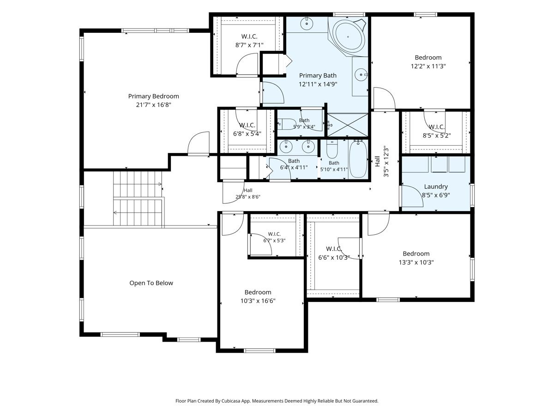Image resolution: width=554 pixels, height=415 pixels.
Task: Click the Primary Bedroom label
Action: tap(153, 96)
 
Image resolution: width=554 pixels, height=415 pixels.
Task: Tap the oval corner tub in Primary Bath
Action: tap(348, 37)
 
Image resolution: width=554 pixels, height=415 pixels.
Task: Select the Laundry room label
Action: tap(436, 186)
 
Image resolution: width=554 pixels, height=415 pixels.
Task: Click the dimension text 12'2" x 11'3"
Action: tap(428, 66)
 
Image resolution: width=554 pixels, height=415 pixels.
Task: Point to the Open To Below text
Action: tap(151, 283)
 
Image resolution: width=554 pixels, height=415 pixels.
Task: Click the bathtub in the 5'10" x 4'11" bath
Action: tap(358, 159)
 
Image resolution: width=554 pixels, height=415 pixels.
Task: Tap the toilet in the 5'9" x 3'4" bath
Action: tap(287, 124)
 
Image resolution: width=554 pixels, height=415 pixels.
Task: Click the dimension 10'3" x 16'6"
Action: tap(258, 301)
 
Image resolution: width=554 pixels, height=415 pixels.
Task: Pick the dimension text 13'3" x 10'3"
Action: tap(416, 262)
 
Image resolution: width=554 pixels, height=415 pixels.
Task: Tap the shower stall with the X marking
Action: tap(348, 125)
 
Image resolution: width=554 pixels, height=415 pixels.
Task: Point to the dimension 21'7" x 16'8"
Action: tap(153, 105)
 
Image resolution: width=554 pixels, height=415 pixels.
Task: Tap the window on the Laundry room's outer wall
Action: tap(472, 196)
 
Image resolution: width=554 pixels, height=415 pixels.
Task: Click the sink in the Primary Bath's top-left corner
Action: tap(307, 24)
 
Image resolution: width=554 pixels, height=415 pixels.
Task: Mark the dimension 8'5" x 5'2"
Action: tap(437, 136)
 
